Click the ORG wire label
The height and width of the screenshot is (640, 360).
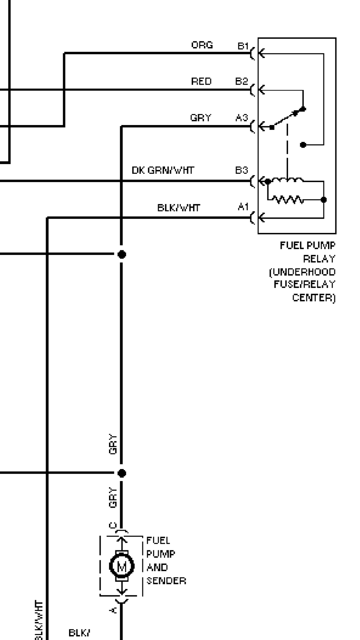202,45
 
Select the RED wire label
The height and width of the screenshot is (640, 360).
201,81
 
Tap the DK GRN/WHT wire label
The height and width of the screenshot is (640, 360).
163,170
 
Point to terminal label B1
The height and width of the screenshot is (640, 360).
243,46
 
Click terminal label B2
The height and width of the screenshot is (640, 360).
242,81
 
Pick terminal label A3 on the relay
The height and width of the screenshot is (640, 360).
242,118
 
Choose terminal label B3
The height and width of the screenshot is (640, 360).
242,170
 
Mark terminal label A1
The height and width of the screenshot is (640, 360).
243,207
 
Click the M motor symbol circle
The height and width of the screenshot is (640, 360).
122,566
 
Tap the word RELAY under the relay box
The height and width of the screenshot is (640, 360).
319,259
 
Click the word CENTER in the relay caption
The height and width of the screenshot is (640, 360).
313,298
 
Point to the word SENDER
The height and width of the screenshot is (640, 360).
166,581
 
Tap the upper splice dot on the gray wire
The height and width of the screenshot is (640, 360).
122,254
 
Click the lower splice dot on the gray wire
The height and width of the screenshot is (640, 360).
122,473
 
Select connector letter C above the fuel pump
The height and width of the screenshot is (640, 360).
113,526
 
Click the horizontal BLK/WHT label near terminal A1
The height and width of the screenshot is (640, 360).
179,208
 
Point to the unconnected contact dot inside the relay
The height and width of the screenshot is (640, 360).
303,145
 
